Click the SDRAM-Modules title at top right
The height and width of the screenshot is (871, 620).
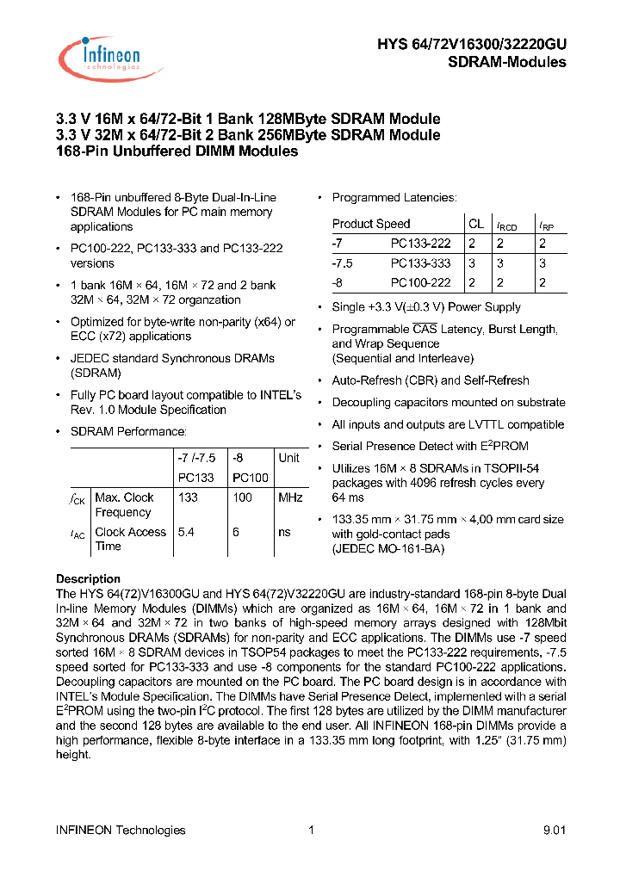pos(507,62)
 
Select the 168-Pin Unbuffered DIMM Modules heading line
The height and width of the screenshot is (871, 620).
pos(177,151)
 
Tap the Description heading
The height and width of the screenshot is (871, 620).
pos(88,579)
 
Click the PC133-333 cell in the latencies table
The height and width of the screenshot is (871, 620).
pos(420,263)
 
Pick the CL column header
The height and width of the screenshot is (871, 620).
pos(476,224)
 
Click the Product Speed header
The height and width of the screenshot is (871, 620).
pos(371,224)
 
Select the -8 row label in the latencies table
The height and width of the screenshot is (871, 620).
pos(339,282)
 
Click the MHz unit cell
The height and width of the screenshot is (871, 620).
pos(290,497)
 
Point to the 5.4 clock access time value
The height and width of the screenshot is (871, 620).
pos(185,532)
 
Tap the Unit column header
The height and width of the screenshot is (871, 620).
pos(288,458)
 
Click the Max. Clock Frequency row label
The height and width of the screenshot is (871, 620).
pos(124,504)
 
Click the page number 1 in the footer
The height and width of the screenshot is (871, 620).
pos(310,830)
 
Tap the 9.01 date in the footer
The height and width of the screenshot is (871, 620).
pos(555,830)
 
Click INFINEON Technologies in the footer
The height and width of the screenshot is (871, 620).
pos(121,830)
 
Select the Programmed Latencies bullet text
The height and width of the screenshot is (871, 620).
pos(394,198)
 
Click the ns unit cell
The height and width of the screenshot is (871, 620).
pos(284,532)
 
